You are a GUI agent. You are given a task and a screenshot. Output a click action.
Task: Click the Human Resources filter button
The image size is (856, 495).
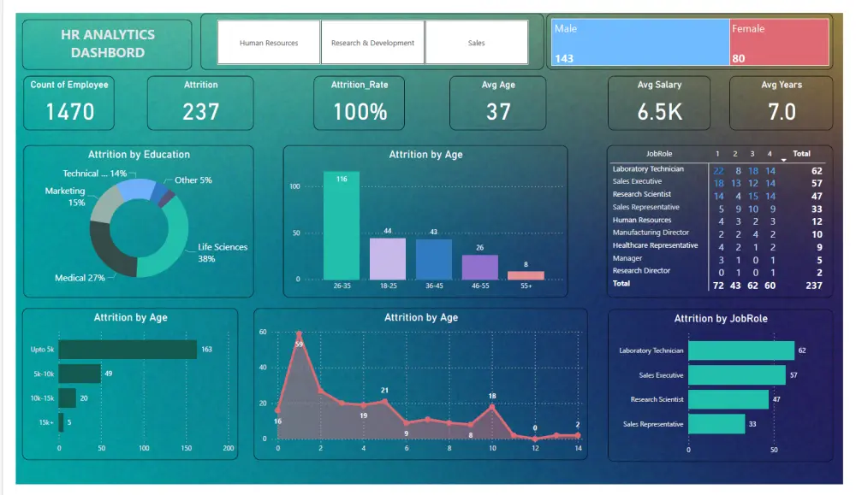pyautogui.click(x=269, y=43)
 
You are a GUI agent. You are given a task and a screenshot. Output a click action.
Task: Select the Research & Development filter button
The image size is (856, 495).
pyautogui.click(x=372, y=43)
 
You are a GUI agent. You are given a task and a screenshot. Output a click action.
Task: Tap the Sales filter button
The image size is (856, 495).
pyautogui.click(x=476, y=43)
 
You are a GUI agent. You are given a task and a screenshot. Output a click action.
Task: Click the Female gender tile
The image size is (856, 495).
pyautogui.click(x=779, y=43)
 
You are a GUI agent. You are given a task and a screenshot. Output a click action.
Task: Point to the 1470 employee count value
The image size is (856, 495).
pyautogui.click(x=70, y=111)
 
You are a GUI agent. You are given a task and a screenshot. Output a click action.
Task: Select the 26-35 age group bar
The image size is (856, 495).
pyautogui.click(x=342, y=226)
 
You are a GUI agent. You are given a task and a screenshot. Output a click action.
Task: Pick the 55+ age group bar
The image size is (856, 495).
pyautogui.click(x=526, y=275)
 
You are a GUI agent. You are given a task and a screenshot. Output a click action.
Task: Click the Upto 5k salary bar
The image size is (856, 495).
pyautogui.click(x=128, y=350)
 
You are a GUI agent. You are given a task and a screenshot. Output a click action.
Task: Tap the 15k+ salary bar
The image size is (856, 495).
pyautogui.click(x=61, y=421)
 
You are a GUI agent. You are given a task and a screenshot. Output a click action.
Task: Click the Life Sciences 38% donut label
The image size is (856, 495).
pyautogui.click(x=223, y=252)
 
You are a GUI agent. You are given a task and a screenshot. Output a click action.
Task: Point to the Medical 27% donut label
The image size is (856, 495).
pyautogui.click(x=80, y=278)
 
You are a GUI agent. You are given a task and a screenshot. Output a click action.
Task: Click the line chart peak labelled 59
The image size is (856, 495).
pyautogui.click(x=299, y=333)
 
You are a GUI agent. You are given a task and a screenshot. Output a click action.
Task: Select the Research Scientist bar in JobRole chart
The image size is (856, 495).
pyautogui.click(x=728, y=399)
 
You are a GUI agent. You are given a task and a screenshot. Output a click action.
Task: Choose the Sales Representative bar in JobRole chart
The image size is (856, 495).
pyautogui.click(x=716, y=424)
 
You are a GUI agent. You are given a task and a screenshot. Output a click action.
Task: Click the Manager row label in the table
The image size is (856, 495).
pyautogui.click(x=627, y=258)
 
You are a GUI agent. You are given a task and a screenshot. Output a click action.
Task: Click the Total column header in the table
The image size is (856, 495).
pyautogui.click(x=801, y=154)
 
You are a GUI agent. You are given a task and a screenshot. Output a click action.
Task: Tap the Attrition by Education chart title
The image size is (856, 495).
pyautogui.click(x=139, y=155)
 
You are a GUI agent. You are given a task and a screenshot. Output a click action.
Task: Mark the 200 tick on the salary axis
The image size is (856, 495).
pyautogui.click(x=229, y=448)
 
